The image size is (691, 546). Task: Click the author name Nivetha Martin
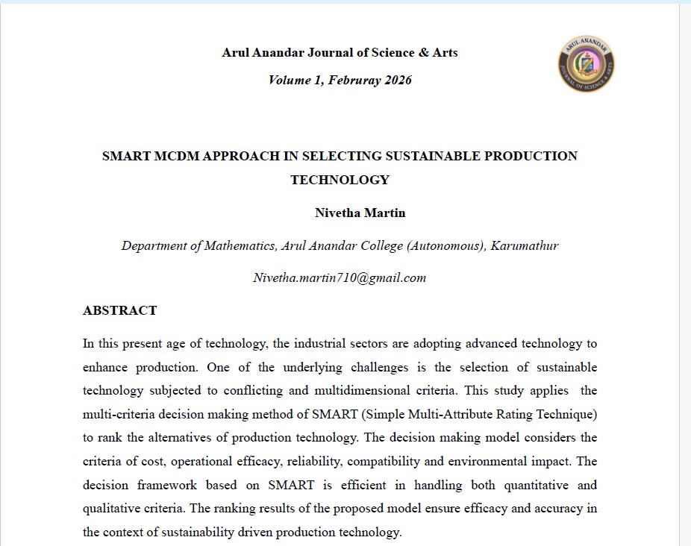click(360, 213)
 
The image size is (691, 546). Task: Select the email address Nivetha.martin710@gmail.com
click(340, 277)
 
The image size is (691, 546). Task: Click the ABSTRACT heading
click(119, 310)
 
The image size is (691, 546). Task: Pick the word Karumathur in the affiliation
click(525, 245)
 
